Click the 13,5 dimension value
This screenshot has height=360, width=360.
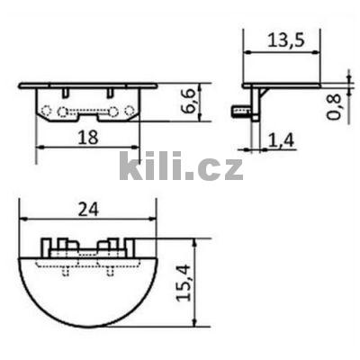[x=281, y=40]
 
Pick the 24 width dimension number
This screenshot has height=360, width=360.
[x=87, y=208]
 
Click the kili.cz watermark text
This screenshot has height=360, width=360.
[x=181, y=166]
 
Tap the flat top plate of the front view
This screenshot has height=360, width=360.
[x=87, y=85]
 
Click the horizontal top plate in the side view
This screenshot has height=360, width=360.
[x=281, y=86]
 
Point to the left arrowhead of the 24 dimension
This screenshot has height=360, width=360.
[x=22, y=220]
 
